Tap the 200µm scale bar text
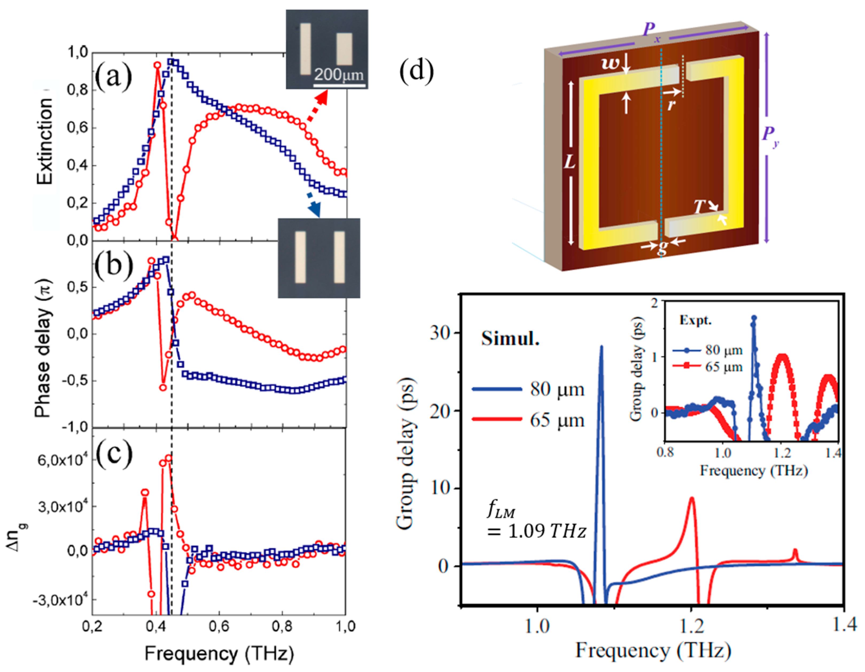(x=339, y=75)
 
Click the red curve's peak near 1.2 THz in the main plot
(x=692, y=499)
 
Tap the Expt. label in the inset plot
(x=695, y=320)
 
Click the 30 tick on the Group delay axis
(x=441, y=333)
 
